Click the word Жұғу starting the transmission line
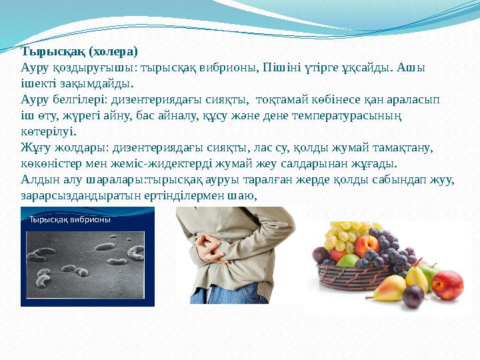click(33, 147)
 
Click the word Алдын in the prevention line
click(37, 179)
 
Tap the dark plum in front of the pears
click(413, 295)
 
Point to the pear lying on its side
click(387, 287)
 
